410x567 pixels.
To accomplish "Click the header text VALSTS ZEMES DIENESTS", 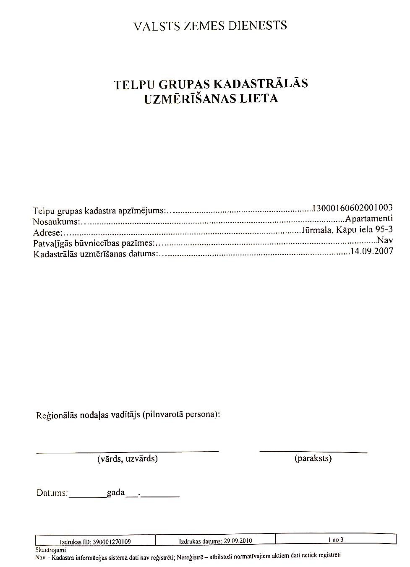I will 210,26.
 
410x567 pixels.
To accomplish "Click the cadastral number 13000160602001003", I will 353,207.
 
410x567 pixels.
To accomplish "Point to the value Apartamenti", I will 369,218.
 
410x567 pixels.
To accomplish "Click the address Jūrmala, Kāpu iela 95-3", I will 347,230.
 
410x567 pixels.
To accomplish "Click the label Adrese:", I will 48,232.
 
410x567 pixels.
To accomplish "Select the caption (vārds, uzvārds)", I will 128,458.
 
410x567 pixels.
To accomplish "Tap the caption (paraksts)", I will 313,458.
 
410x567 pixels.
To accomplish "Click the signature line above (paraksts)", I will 313,452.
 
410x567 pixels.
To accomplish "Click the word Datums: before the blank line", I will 52,493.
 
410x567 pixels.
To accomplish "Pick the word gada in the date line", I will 116,492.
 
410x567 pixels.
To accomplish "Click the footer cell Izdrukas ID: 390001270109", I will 96,541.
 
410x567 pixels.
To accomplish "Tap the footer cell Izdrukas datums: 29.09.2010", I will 216,541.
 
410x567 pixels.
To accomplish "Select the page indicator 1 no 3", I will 336,540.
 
